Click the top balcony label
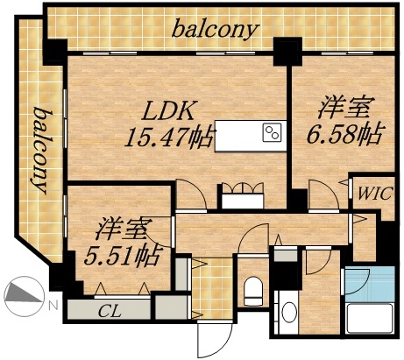(x=215, y=28)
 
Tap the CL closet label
(x=110, y=309)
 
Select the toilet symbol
(x=253, y=289)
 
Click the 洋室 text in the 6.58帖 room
(x=344, y=108)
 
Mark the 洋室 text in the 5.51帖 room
(x=122, y=231)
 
